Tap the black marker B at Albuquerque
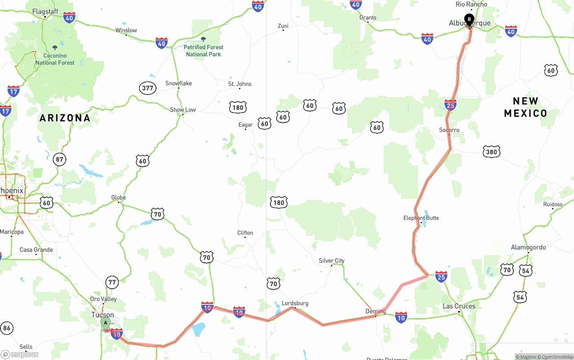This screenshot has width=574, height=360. click(469, 19)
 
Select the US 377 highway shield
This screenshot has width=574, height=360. click(148, 88)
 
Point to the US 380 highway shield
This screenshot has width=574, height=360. click(491, 152)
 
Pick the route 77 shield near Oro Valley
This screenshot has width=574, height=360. click(112, 282)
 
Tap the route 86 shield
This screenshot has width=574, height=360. click(6, 328)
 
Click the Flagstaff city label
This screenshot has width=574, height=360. click(45, 11)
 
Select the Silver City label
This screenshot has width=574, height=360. click(331, 260)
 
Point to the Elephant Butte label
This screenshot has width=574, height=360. click(421, 218)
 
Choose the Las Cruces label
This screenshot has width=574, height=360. click(459, 306)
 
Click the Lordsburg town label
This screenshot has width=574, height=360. click(295, 303)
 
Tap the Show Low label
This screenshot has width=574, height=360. click(183, 109)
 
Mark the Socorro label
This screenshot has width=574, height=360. click(449, 130)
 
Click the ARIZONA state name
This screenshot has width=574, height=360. click(65, 118)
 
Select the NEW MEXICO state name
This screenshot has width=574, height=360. click(526, 107)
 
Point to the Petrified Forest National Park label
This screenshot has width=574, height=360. click(204, 51)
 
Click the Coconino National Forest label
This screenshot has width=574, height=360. click(55, 59)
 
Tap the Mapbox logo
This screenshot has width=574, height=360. click(20, 354)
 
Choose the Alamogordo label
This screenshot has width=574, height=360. click(528, 247)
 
